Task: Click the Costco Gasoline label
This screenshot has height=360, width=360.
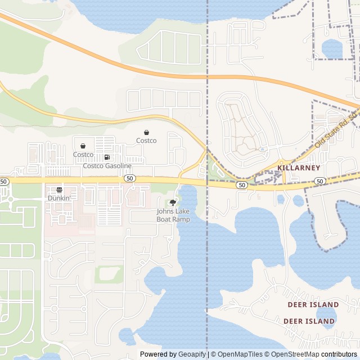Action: [x=107, y=166]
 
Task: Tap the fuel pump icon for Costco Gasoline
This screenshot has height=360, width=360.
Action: [x=107, y=157]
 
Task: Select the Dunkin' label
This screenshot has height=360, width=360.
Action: [x=59, y=198]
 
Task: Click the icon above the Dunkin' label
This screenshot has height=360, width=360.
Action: [x=59, y=190]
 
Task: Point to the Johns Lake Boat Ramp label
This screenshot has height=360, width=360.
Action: [x=173, y=215]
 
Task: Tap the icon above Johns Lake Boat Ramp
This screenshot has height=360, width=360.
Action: [x=173, y=202]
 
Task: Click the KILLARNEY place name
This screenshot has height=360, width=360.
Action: [x=299, y=168]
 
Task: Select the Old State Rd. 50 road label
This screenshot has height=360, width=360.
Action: [x=336, y=130]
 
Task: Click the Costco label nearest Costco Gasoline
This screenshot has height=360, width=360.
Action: [x=83, y=154]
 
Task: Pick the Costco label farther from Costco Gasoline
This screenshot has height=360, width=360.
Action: [x=146, y=141]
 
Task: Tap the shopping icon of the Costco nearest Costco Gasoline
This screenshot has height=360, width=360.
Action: [x=83, y=146]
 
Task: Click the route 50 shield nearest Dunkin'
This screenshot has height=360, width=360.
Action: [x=4, y=182]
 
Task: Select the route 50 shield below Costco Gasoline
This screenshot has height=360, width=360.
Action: [x=129, y=178]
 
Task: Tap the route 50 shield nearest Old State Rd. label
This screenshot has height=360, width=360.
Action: [x=319, y=181]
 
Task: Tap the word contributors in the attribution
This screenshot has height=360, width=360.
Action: [x=339, y=354]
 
